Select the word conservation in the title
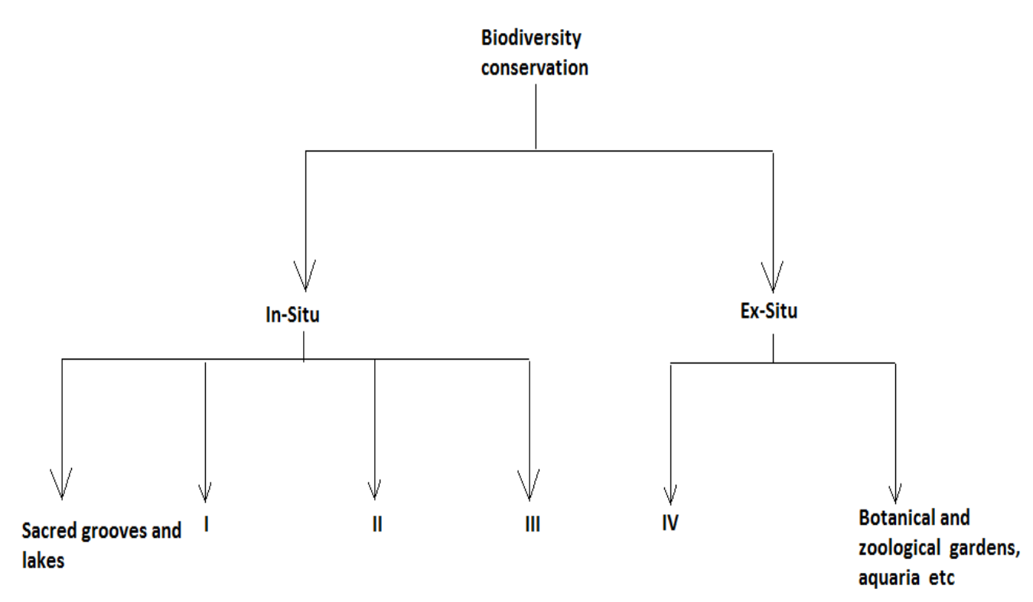pyautogui.click(x=535, y=67)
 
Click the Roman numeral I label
pyautogui.click(x=207, y=526)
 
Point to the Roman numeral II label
pyautogui.click(x=376, y=526)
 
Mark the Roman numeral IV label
pyautogui.click(x=670, y=526)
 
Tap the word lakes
pyautogui.click(x=43, y=561)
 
